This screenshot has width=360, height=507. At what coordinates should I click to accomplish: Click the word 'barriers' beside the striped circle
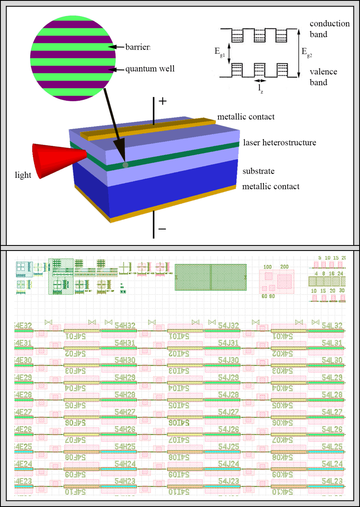point(137,47)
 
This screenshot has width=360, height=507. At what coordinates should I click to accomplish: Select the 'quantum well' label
point(150,69)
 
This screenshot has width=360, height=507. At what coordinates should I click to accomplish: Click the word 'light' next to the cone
point(23,175)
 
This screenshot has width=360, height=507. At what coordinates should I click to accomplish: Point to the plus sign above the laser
point(162,102)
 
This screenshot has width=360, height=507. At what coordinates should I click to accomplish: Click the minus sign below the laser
point(162,229)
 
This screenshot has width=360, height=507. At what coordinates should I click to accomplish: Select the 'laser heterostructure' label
point(280,143)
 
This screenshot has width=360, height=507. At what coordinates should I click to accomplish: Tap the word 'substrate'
point(258,171)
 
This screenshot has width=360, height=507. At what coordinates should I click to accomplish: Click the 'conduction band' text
point(330,29)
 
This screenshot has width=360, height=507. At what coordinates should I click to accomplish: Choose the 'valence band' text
point(323,77)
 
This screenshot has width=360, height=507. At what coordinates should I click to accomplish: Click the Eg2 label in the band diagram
point(308,52)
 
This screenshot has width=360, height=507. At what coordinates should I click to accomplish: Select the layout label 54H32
point(125,325)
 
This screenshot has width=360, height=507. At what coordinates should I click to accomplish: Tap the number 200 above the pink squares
point(284,267)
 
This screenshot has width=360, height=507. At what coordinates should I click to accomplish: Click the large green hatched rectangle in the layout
point(211,277)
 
